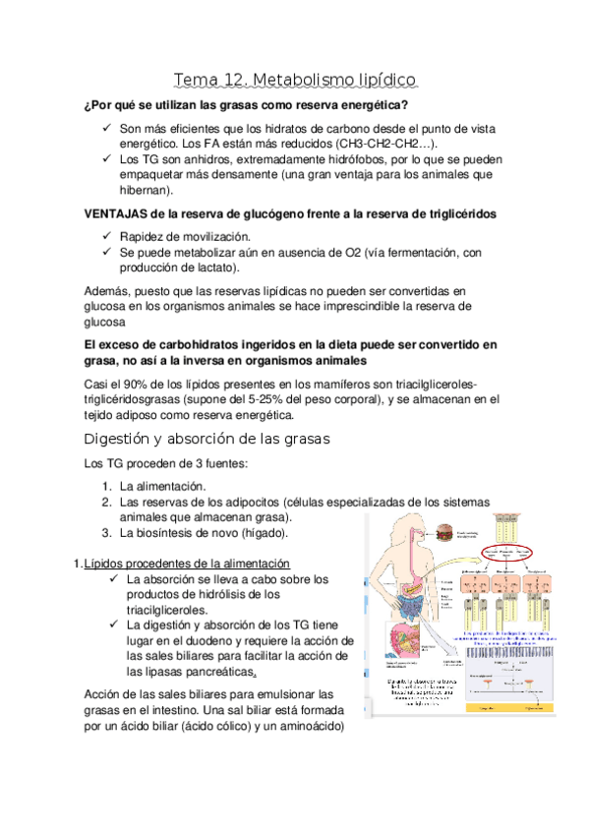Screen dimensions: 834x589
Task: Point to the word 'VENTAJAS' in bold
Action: (x=119, y=213)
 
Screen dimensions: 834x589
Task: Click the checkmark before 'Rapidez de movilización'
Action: (x=106, y=237)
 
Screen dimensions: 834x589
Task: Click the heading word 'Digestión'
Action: (x=120, y=438)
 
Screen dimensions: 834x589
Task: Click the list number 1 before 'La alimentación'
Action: (x=106, y=486)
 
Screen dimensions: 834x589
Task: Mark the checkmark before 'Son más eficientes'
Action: (x=106, y=128)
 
